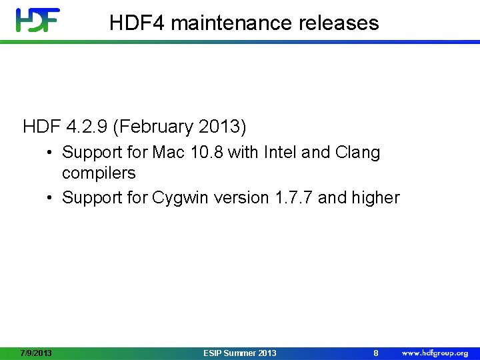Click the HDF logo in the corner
tap(38, 20)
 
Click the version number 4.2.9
tap(84, 125)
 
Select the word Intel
tap(281, 152)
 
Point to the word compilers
tap(99, 173)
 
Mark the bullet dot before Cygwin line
tap(51, 198)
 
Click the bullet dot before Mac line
tap(51, 152)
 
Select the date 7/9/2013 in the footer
tap(37, 353)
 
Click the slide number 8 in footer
tap(376, 353)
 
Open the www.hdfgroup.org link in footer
tap(435, 353)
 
